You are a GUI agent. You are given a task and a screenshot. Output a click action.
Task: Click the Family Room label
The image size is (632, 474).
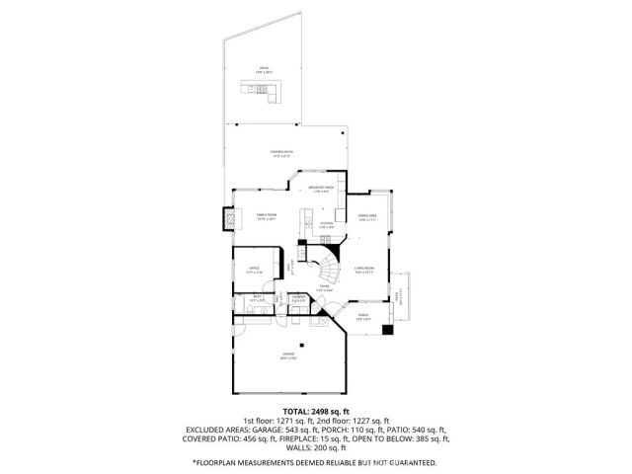pyautogui.click(x=266, y=215)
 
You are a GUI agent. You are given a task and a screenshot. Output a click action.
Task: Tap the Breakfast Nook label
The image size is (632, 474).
pyautogui.click(x=322, y=189)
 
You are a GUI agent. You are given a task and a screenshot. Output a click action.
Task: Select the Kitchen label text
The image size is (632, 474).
pyautogui.click(x=326, y=225)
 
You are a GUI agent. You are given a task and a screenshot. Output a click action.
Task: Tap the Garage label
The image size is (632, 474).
pyautogui.click(x=288, y=354)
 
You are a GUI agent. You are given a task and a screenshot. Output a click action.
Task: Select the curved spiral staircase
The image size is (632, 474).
pyautogui.click(x=326, y=267)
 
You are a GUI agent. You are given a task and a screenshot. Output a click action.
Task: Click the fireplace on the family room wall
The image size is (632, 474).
pyautogui.click(x=229, y=219)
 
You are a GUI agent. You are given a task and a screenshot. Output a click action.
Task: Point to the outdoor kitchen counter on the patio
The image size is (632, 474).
pyautogui.click(x=263, y=94)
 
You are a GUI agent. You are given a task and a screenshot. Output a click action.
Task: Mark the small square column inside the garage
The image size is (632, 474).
pyautogui.click(x=306, y=345)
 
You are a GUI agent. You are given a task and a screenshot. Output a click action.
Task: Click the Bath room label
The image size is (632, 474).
pyautogui.click(x=256, y=297)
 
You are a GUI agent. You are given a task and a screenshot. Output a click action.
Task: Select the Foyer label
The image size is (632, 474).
pyautogui.click(x=324, y=289)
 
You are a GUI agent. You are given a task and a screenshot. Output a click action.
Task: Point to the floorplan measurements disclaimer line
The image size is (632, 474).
pyautogui.click(x=315, y=462)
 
